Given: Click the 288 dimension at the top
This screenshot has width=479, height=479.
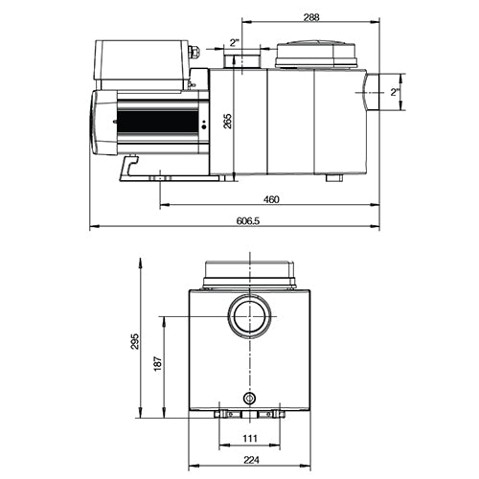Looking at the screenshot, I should tap(308, 16).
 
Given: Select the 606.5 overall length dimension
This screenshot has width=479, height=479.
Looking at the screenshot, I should tap(247, 221).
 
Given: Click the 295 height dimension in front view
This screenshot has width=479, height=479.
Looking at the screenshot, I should tap(135, 341).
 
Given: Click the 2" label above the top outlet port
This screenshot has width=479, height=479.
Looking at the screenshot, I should tap(236, 42).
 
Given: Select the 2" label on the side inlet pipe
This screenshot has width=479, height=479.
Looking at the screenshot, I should tap(394, 92).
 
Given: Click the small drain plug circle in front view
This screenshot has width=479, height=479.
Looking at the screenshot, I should tap(250, 398).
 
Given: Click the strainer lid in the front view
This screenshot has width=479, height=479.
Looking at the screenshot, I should tap(250, 273).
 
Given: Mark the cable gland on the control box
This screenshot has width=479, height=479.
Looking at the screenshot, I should tap(194, 55).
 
